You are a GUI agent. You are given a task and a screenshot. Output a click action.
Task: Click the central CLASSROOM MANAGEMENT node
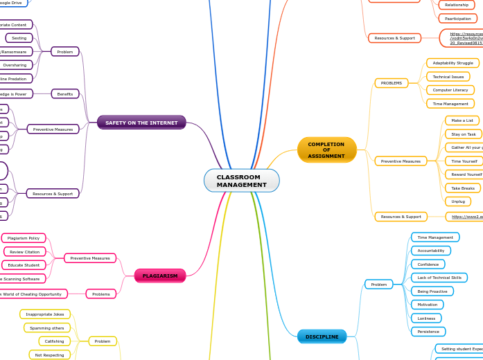[x=241, y=181]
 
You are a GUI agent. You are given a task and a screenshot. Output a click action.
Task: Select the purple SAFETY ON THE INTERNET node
[x=141, y=123]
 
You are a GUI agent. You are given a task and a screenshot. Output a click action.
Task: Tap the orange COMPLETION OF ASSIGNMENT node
[x=326, y=150]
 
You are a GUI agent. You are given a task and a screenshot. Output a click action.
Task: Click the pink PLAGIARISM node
[x=160, y=276]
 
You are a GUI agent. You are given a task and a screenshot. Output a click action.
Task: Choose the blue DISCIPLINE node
[x=322, y=336]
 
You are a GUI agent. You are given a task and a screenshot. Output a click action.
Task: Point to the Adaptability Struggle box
[x=453, y=63]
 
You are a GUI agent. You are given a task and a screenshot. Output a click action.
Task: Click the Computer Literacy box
[x=450, y=90]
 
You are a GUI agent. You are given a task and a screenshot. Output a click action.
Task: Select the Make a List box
[x=462, y=120]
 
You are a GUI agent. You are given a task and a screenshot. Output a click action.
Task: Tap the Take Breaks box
[x=462, y=188]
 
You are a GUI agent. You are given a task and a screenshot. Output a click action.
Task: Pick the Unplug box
[x=458, y=201]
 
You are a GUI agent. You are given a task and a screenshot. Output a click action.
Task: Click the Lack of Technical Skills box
[x=439, y=278]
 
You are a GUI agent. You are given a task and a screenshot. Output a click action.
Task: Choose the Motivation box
[x=427, y=305]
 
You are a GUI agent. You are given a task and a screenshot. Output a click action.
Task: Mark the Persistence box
[x=428, y=332]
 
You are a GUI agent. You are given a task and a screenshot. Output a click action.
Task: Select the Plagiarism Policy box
[x=24, y=238]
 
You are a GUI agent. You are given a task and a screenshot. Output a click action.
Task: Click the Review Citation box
[x=25, y=251]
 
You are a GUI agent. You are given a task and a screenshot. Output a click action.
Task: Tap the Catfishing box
[x=55, y=341]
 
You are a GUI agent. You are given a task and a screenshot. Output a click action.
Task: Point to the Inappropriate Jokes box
[x=45, y=314]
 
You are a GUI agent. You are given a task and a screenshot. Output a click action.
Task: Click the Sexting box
[x=19, y=38]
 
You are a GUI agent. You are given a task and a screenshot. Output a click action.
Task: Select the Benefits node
[x=65, y=93]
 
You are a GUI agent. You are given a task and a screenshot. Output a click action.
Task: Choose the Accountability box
[x=430, y=251]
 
